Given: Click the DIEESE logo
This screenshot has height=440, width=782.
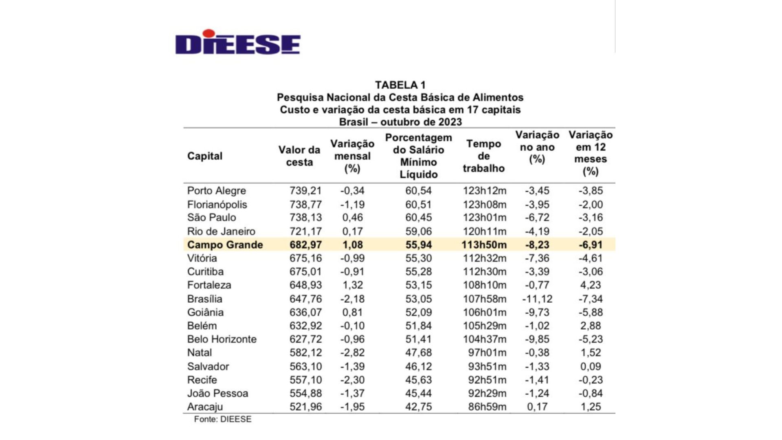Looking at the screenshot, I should [x=238, y=42].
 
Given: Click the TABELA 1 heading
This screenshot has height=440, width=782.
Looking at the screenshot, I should [x=400, y=85].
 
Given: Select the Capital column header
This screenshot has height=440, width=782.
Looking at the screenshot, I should [x=204, y=156].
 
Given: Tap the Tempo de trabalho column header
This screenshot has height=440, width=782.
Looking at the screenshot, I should [x=483, y=156].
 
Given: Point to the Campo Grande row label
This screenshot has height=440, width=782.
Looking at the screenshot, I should [x=225, y=245].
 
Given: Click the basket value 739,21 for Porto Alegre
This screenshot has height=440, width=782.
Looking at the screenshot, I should [x=305, y=191].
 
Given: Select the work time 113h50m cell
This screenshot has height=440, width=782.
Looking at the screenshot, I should [x=484, y=245].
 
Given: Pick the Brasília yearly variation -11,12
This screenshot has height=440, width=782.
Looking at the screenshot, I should [x=537, y=299].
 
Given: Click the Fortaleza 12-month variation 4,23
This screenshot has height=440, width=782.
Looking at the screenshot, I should [x=591, y=285].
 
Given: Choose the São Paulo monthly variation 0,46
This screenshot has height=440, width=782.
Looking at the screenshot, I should [x=352, y=218].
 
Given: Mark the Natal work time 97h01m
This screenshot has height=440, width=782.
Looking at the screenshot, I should [x=487, y=353].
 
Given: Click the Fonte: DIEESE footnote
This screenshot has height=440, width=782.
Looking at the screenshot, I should [x=222, y=419].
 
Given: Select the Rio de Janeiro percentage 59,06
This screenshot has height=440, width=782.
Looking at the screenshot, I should [x=418, y=231].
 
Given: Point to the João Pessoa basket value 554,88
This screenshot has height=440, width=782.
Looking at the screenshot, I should [x=305, y=394].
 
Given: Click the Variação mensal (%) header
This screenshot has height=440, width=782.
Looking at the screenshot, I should [x=352, y=156].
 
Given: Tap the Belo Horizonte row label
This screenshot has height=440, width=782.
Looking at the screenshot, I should [x=222, y=339].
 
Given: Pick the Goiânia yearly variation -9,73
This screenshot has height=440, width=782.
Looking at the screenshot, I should [x=537, y=312].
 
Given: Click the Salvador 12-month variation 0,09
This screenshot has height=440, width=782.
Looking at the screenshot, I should [x=591, y=367].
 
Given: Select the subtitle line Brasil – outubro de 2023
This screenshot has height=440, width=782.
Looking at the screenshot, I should [x=400, y=122].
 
